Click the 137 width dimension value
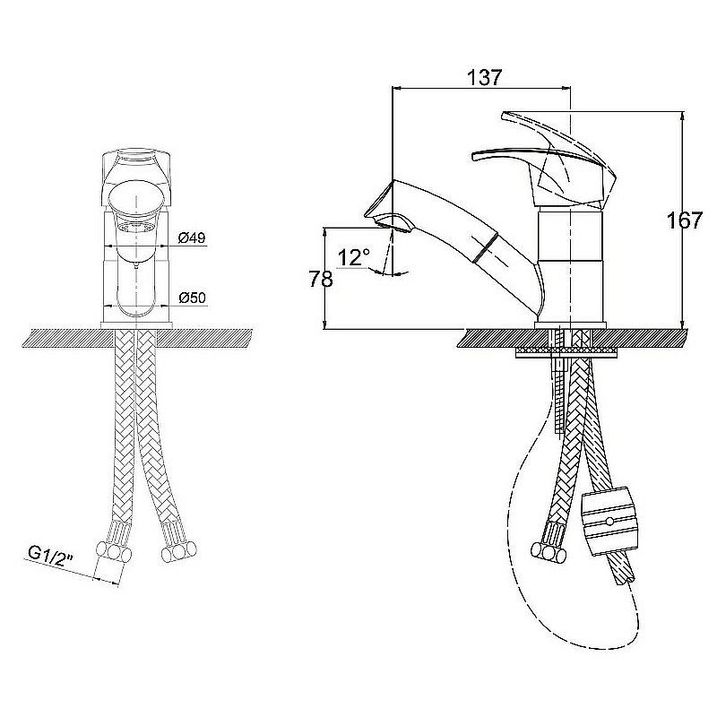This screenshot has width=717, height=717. [x=483, y=77]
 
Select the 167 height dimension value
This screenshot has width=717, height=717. [x=685, y=220]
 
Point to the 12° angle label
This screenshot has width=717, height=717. [x=354, y=258]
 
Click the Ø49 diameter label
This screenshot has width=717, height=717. [x=192, y=238]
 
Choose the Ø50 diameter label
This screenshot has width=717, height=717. [x=192, y=298]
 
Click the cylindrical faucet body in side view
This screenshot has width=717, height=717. [x=571, y=260]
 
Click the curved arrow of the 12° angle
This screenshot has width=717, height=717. [x=392, y=273]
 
